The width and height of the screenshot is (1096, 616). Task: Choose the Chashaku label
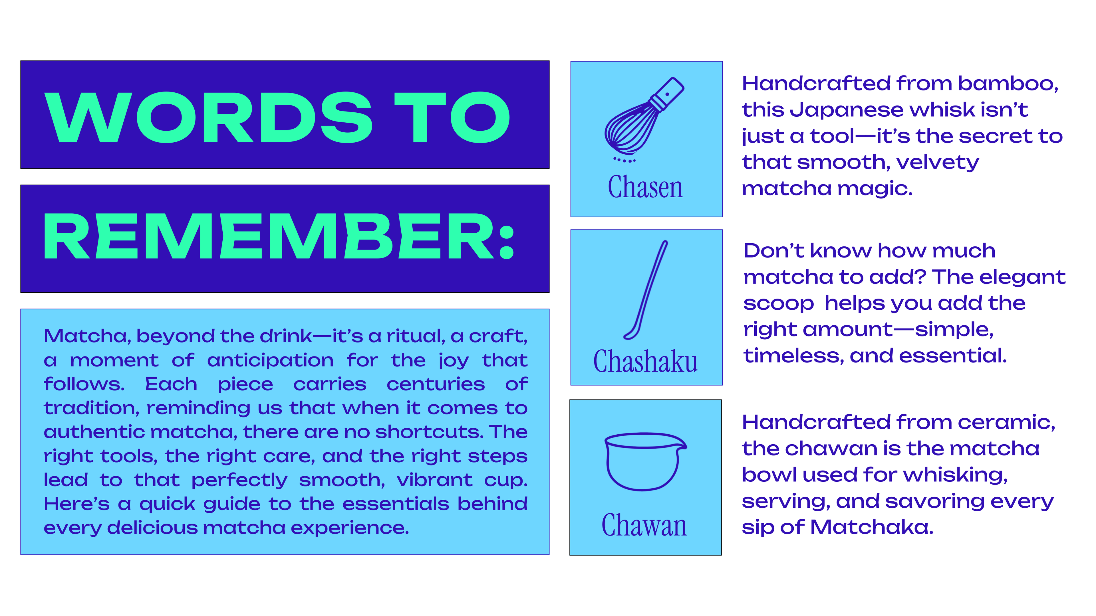(645, 361)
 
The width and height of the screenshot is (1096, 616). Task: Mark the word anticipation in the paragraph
(270, 360)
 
